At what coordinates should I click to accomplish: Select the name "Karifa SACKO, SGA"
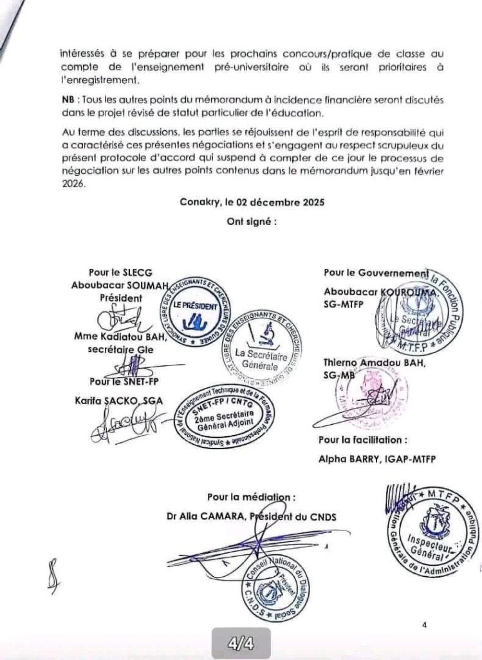(120, 400)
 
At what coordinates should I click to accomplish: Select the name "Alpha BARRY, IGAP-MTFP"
(372, 460)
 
